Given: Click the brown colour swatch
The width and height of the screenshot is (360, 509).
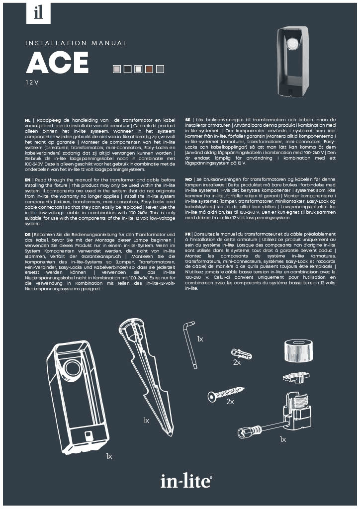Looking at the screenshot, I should click(x=149, y=69).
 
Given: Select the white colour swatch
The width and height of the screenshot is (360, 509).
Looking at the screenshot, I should click(x=138, y=69).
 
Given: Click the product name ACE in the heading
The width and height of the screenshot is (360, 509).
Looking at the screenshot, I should click(x=57, y=63).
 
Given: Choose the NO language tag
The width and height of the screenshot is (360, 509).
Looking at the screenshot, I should click(x=188, y=179).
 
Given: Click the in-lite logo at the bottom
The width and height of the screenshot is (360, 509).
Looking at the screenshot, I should click(x=186, y=481).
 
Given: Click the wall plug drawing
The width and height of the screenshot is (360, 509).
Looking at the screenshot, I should click(x=241, y=353).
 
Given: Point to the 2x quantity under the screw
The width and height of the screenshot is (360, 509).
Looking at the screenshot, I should click(x=230, y=402).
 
